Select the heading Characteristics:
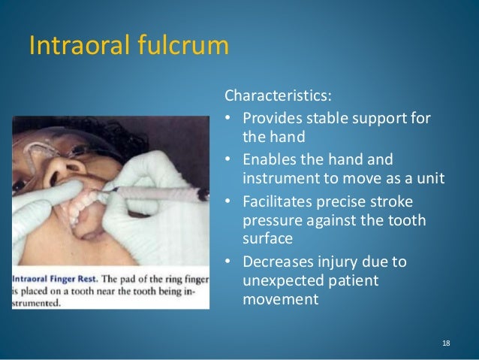[x=276, y=96]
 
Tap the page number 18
[x=446, y=343]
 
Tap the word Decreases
[x=277, y=262]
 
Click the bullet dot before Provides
[x=227, y=120]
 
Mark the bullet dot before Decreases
[x=227, y=262]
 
